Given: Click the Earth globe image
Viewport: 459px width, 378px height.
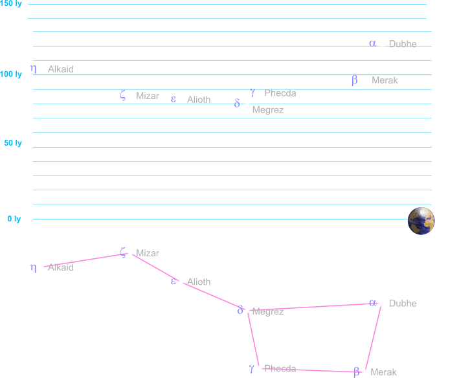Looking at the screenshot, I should [x=421, y=221].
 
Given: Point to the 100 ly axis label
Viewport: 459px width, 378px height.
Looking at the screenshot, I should [x=11, y=75].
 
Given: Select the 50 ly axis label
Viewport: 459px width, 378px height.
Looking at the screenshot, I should [x=13, y=143].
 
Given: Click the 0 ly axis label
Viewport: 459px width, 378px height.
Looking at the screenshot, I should [x=14, y=219].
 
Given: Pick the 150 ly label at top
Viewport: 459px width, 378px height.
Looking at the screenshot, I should [x=11, y=4].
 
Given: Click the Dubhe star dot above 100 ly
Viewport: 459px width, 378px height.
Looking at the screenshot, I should [x=381, y=43].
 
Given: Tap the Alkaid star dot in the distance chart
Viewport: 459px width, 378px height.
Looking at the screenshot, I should [x=42, y=69].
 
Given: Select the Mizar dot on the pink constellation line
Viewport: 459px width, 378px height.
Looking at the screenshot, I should [x=130, y=252].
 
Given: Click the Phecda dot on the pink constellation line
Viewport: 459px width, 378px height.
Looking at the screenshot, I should [x=259, y=368].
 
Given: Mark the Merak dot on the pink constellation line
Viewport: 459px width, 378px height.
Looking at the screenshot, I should [x=365, y=372].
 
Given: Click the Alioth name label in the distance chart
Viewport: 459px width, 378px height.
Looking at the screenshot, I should [x=199, y=100].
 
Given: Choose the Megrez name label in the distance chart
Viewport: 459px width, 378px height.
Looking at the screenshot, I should [x=268, y=110].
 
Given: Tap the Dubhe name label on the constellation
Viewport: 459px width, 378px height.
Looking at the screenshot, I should [x=403, y=304].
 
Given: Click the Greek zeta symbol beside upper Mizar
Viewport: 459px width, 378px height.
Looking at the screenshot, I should [x=122, y=95].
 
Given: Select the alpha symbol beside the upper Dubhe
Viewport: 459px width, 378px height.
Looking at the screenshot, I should [x=372, y=43].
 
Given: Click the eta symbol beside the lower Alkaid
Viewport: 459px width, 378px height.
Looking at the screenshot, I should [x=33, y=267].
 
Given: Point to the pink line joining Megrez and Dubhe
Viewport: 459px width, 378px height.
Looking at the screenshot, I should [x=311, y=307].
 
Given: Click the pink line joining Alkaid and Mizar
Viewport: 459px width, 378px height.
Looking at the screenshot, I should [x=84, y=260].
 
